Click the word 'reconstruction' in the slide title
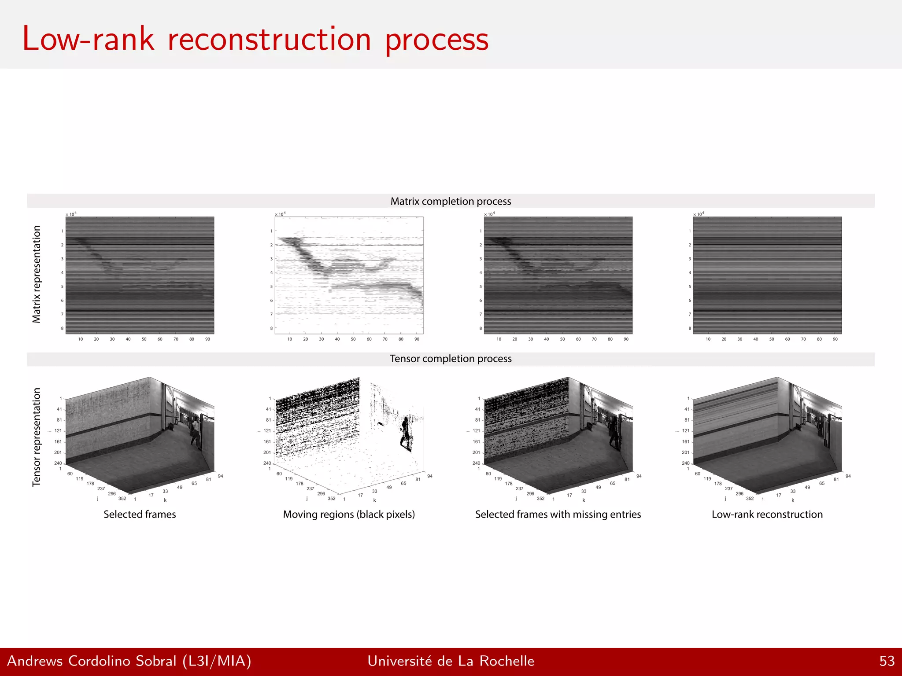(x=269, y=40)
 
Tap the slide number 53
(x=887, y=661)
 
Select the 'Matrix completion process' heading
(x=451, y=201)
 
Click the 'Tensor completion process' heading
(x=451, y=359)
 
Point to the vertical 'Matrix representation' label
(x=37, y=274)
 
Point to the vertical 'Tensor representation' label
(x=37, y=437)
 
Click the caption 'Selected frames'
(x=140, y=514)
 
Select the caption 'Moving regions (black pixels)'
(x=349, y=514)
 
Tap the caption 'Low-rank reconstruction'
(x=767, y=514)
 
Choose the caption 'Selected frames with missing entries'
(x=558, y=514)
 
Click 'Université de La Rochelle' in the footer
(x=451, y=661)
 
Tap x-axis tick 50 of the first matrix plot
(x=144, y=339)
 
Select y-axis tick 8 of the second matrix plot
(x=271, y=328)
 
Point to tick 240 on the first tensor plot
(x=58, y=463)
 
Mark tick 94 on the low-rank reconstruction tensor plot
(x=848, y=476)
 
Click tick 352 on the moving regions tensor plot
(x=332, y=499)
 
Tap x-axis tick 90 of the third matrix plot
(x=626, y=339)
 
